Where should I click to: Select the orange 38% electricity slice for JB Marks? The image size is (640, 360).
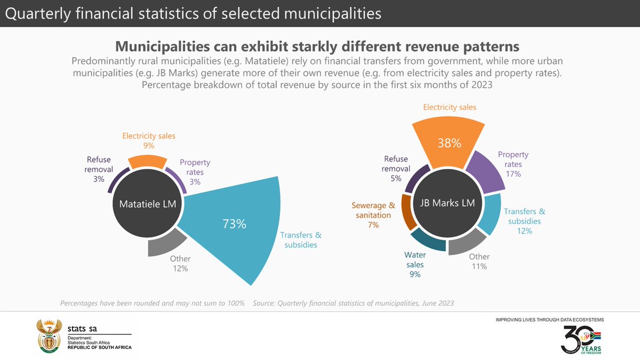pos(449,141)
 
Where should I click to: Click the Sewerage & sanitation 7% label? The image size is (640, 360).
pos(373,215)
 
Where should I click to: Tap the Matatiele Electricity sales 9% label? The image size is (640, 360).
pos(149,141)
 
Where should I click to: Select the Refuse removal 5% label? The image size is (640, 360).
pos(396,169)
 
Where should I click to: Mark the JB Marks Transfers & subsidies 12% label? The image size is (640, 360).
pos(524,221)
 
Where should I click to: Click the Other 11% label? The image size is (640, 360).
pos(479,261)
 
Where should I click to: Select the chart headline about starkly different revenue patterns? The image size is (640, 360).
pos(317,45)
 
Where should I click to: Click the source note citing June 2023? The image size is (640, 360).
pos(354,303)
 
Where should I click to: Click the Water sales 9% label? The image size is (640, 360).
pos(415,265)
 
